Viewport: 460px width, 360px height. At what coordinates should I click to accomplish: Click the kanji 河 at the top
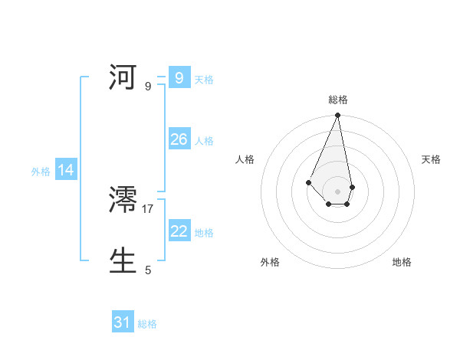[124, 77]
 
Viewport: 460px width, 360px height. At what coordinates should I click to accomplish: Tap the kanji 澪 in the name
[124, 200]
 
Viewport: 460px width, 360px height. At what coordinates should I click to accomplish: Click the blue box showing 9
[179, 77]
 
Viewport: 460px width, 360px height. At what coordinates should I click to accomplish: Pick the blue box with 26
[179, 139]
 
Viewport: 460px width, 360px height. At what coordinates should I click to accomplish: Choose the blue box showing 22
[179, 231]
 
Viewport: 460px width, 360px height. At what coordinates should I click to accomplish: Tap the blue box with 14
[66, 170]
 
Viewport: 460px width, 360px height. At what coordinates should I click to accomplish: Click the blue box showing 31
[123, 322]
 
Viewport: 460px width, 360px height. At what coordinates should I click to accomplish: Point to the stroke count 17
[148, 208]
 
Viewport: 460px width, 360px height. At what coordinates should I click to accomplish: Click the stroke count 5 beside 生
[148, 270]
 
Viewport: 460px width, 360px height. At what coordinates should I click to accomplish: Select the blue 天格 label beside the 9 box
[204, 79]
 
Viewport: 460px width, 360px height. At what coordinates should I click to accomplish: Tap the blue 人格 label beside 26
[204, 141]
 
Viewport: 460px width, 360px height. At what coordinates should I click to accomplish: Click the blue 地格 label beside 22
[204, 233]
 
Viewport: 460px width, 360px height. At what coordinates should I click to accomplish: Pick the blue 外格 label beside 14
[41, 172]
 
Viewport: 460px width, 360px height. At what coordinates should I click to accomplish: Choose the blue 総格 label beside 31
[147, 324]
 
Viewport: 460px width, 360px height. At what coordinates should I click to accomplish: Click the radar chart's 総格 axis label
[337, 100]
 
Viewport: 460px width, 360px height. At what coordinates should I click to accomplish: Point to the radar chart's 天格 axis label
[431, 159]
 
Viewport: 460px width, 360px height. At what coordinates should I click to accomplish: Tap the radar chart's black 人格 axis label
[245, 159]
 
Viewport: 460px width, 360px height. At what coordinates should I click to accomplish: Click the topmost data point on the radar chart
[337, 116]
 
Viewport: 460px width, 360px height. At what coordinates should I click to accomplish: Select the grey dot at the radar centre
[337, 191]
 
